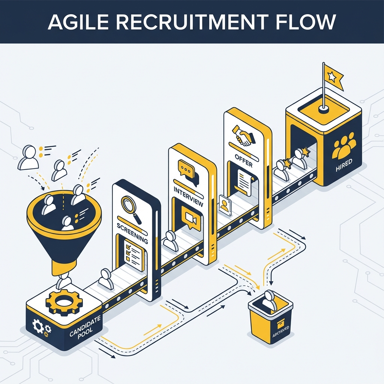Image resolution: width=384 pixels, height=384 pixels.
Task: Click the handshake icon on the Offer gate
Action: click(x=243, y=135)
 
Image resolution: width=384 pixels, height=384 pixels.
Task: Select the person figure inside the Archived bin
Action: click(x=269, y=300)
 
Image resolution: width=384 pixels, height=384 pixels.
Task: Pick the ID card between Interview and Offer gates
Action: click(x=225, y=205)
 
